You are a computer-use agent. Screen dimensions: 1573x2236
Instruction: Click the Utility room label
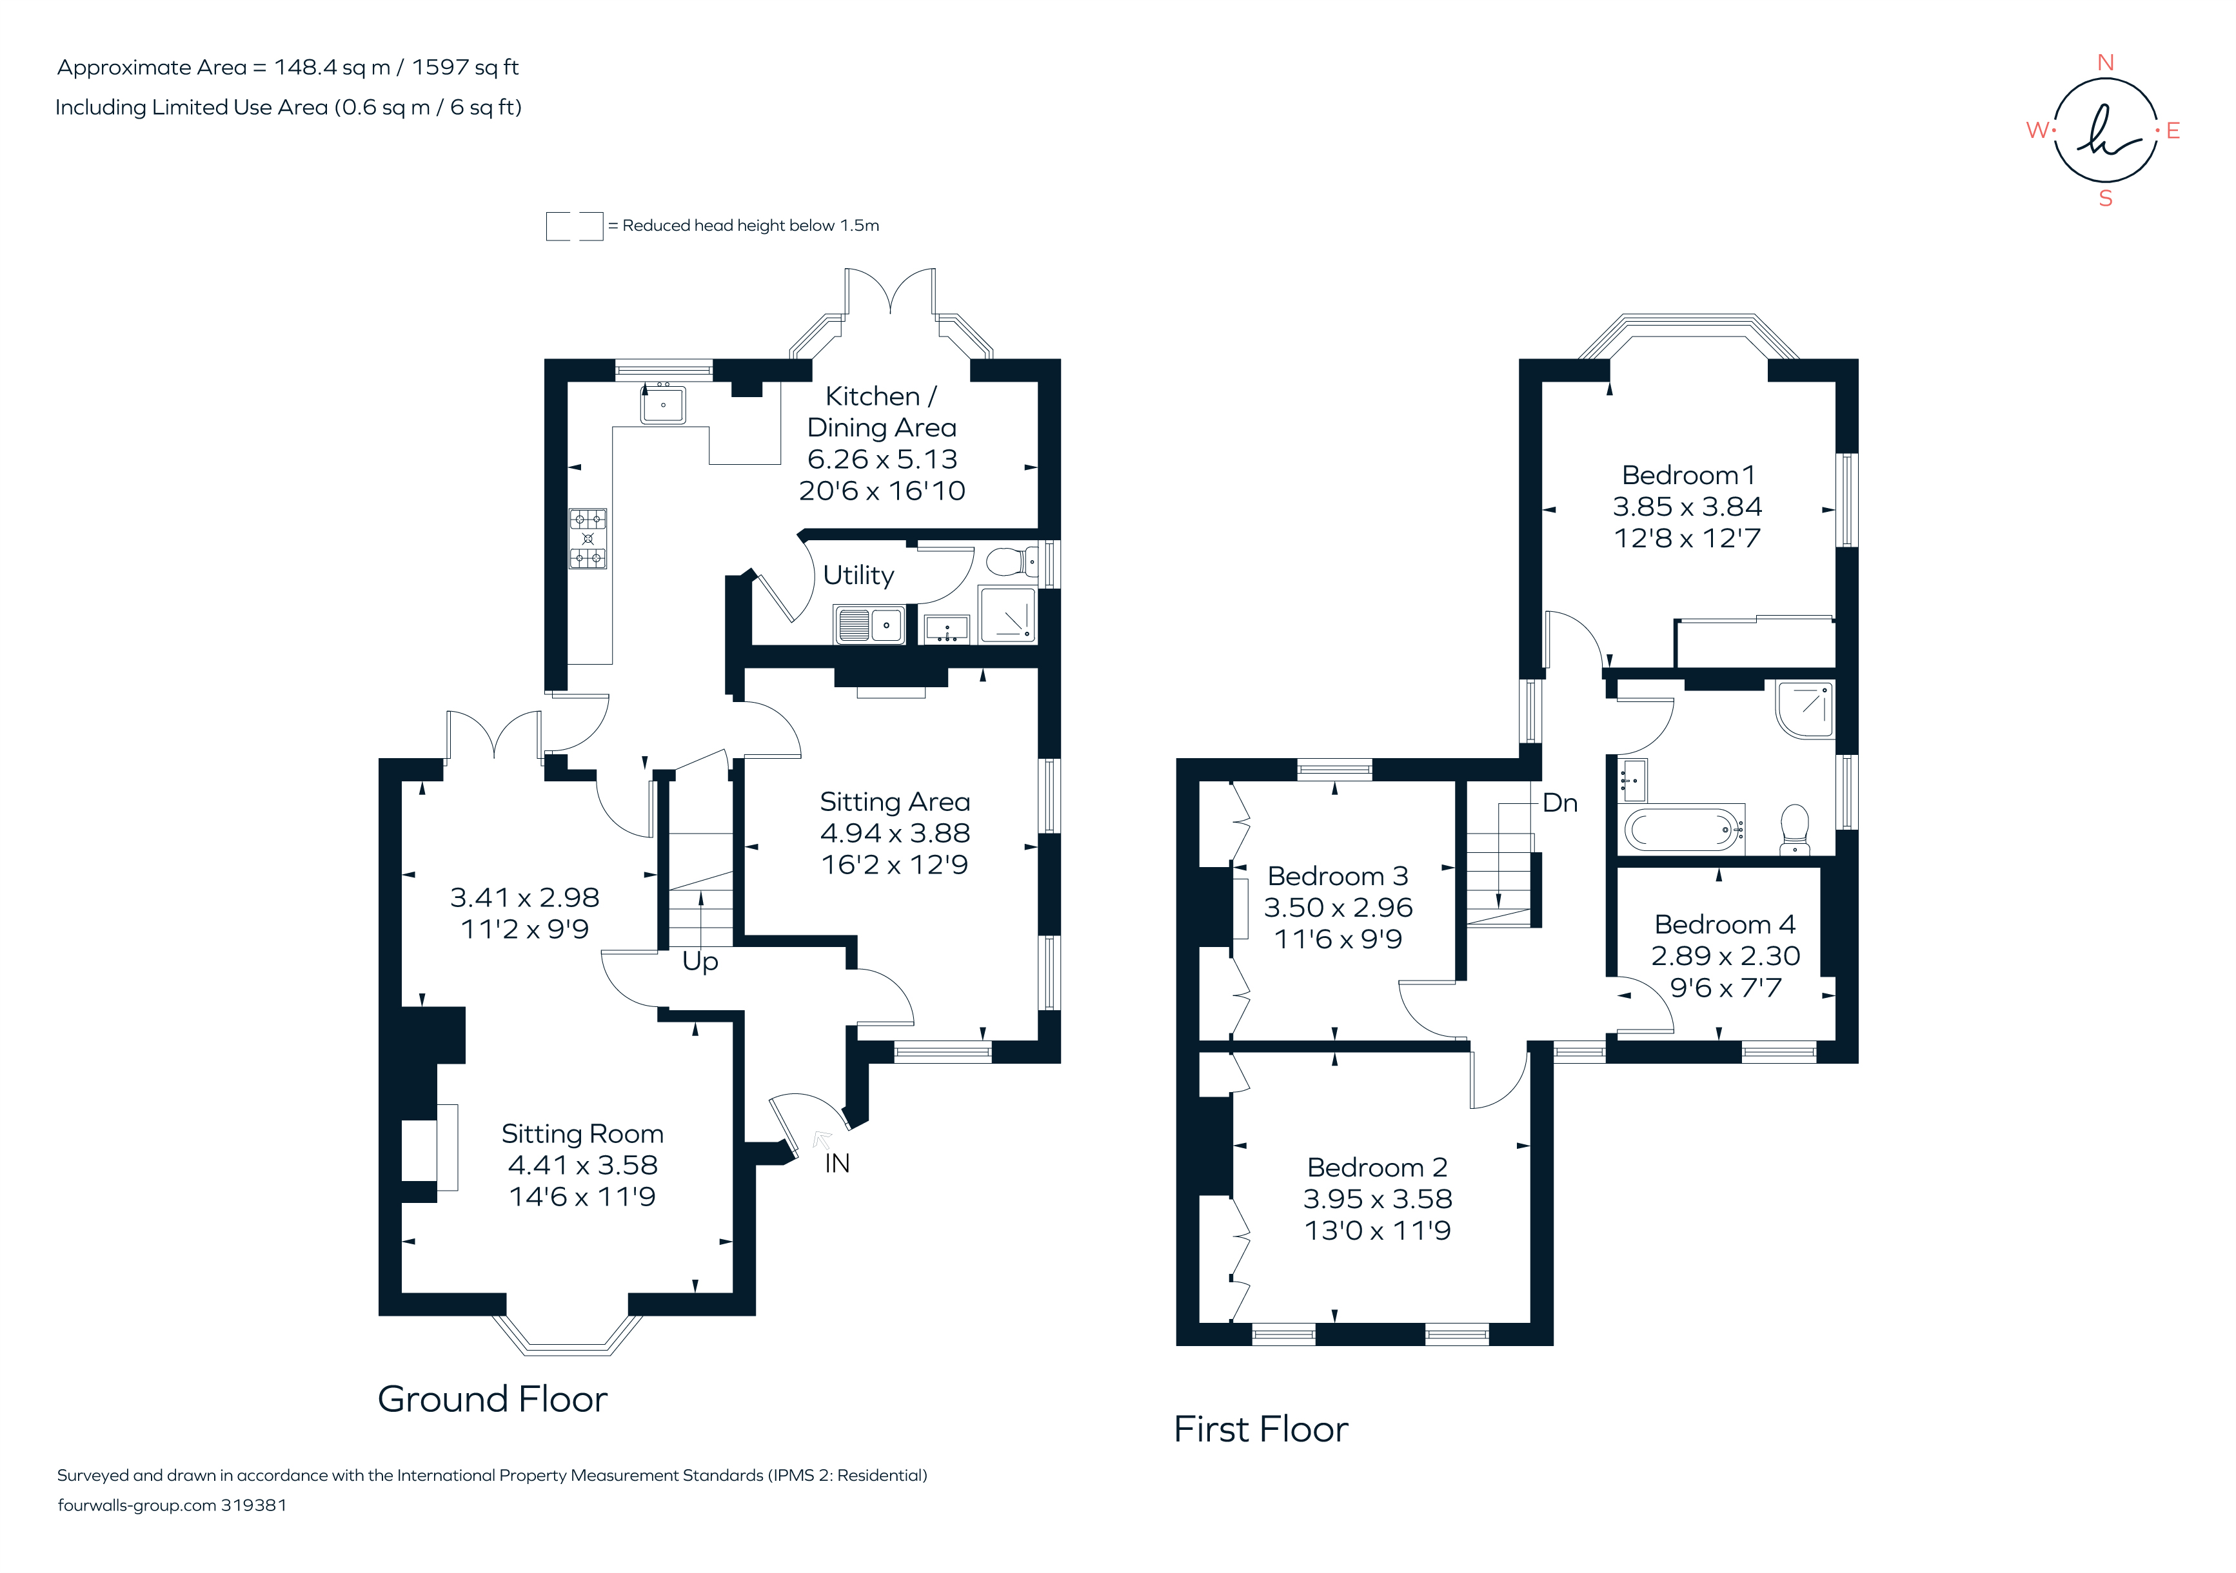pos(858,575)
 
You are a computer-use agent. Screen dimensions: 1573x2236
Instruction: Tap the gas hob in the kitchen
pos(588,538)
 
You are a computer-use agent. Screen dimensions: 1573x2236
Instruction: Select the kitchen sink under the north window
pos(663,404)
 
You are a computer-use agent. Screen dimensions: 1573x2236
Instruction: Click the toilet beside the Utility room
pos(1011,562)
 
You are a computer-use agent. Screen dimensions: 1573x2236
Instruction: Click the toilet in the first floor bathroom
pos(1794,826)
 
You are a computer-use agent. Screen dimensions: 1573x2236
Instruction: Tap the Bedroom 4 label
pos(1725,924)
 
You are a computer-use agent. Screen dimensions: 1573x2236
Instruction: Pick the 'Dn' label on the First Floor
pos(1559,803)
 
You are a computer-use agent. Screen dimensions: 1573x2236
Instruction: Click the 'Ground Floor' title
pos(492,1399)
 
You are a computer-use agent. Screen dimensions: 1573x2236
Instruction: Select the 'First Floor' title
pos(1260,1429)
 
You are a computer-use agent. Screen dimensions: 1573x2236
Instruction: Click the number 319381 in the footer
pos(253,1505)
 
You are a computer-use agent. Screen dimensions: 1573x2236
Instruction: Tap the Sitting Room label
pos(582,1134)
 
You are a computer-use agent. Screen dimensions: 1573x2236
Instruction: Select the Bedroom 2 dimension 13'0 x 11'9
pos(1377,1231)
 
